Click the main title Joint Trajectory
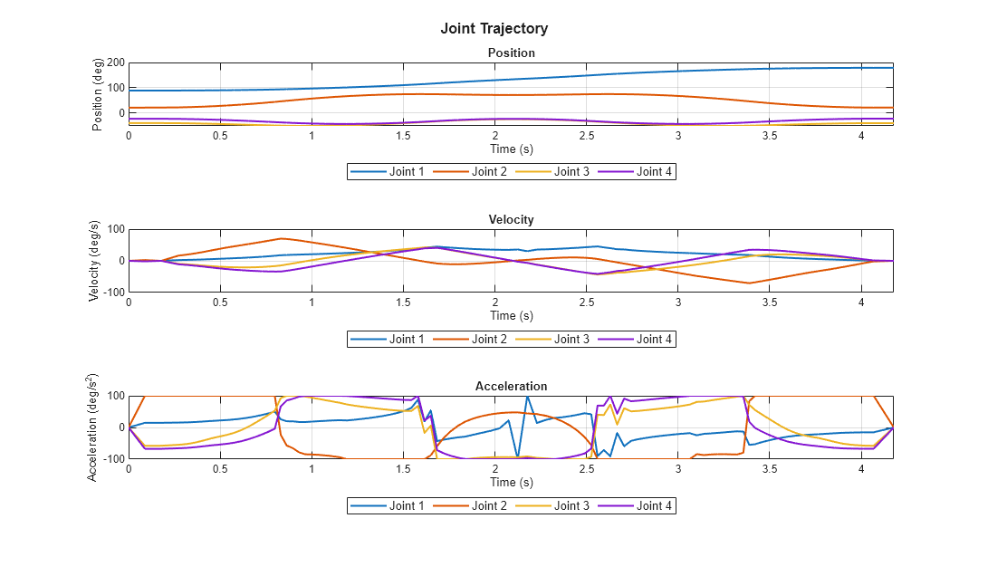(x=494, y=29)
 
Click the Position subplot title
(x=511, y=53)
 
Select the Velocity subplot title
(x=511, y=219)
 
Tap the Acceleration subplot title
(x=511, y=387)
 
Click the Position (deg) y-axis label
(x=98, y=93)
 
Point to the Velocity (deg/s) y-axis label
(x=94, y=260)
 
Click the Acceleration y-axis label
(x=94, y=427)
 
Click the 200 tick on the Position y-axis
(x=115, y=62)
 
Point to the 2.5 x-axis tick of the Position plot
(x=587, y=135)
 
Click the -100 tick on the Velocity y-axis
(x=113, y=292)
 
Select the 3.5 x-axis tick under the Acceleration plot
(x=770, y=469)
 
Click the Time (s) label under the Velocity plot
(x=511, y=316)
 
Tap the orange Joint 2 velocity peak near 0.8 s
(x=282, y=239)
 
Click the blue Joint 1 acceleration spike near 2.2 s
(x=527, y=397)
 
